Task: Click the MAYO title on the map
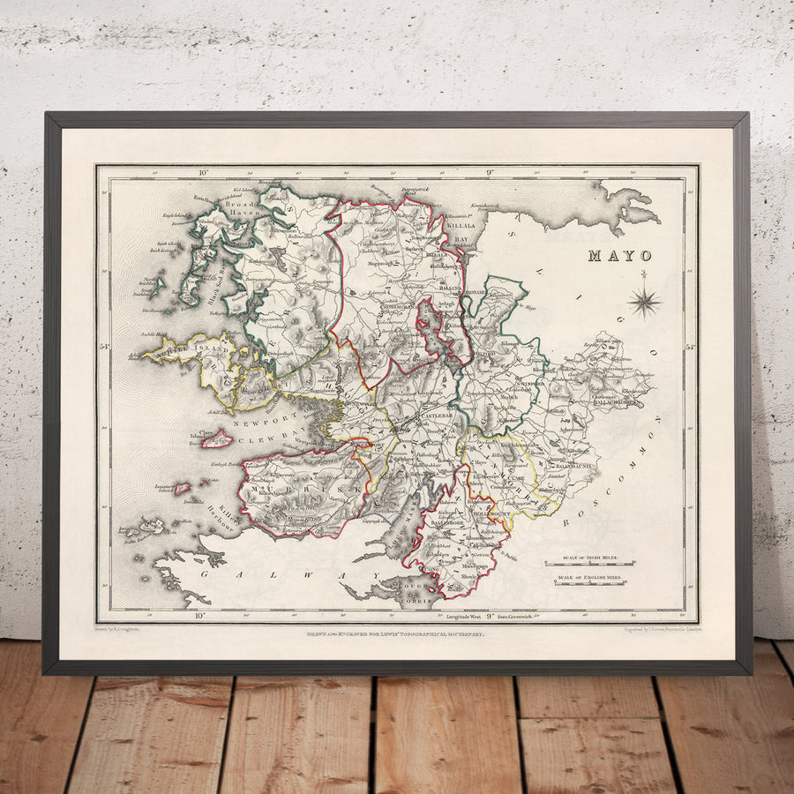tap(622, 257)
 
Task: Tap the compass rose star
tap(644, 303)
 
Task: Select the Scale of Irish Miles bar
tap(589, 562)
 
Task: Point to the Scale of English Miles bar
tap(589, 580)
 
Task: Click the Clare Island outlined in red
tap(216, 438)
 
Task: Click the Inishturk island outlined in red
tap(183, 488)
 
